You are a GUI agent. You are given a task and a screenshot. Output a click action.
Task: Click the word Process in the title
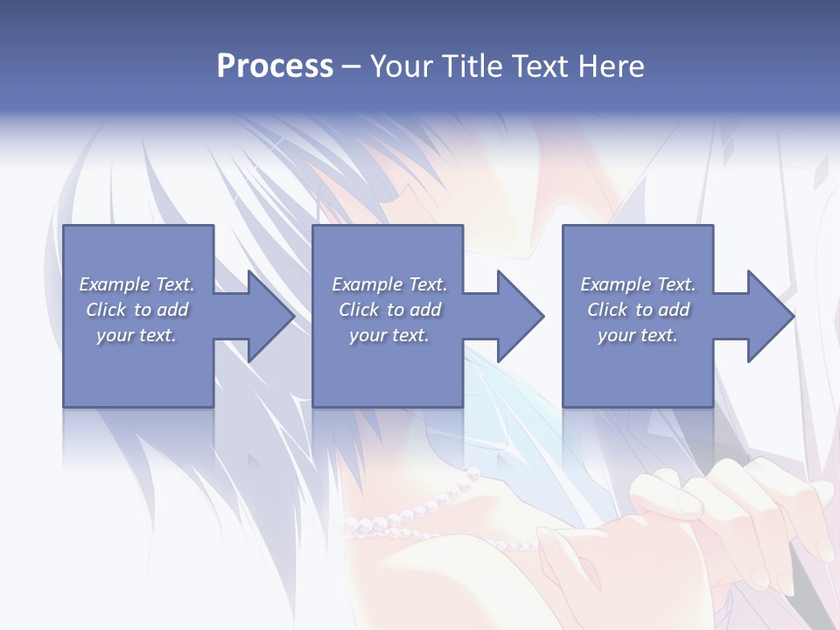point(275,66)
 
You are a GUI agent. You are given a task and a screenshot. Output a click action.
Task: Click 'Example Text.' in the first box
point(136,284)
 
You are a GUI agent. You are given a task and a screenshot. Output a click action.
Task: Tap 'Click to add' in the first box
point(136,310)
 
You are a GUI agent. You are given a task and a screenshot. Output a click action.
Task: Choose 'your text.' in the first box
point(136,335)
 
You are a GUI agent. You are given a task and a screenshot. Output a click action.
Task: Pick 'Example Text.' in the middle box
point(389,284)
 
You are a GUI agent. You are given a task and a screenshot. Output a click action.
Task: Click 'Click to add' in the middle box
point(389,310)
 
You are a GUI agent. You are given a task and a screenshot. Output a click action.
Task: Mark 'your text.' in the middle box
point(389,335)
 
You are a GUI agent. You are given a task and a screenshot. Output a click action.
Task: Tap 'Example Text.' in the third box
point(638,284)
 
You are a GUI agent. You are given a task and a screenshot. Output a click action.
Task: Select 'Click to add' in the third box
point(638,310)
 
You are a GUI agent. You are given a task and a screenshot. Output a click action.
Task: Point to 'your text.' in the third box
point(638,335)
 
